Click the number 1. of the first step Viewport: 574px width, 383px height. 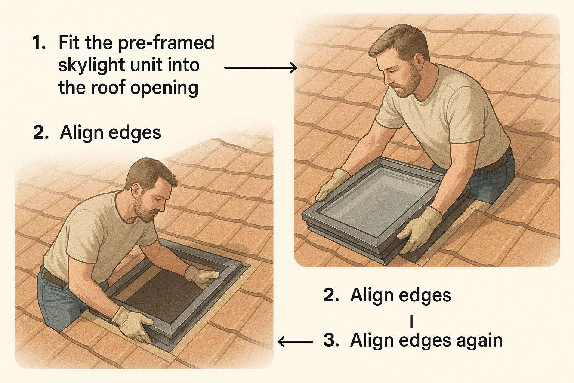click(38, 43)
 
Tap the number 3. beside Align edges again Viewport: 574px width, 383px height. click(331, 340)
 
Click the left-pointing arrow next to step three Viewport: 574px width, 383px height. click(295, 341)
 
